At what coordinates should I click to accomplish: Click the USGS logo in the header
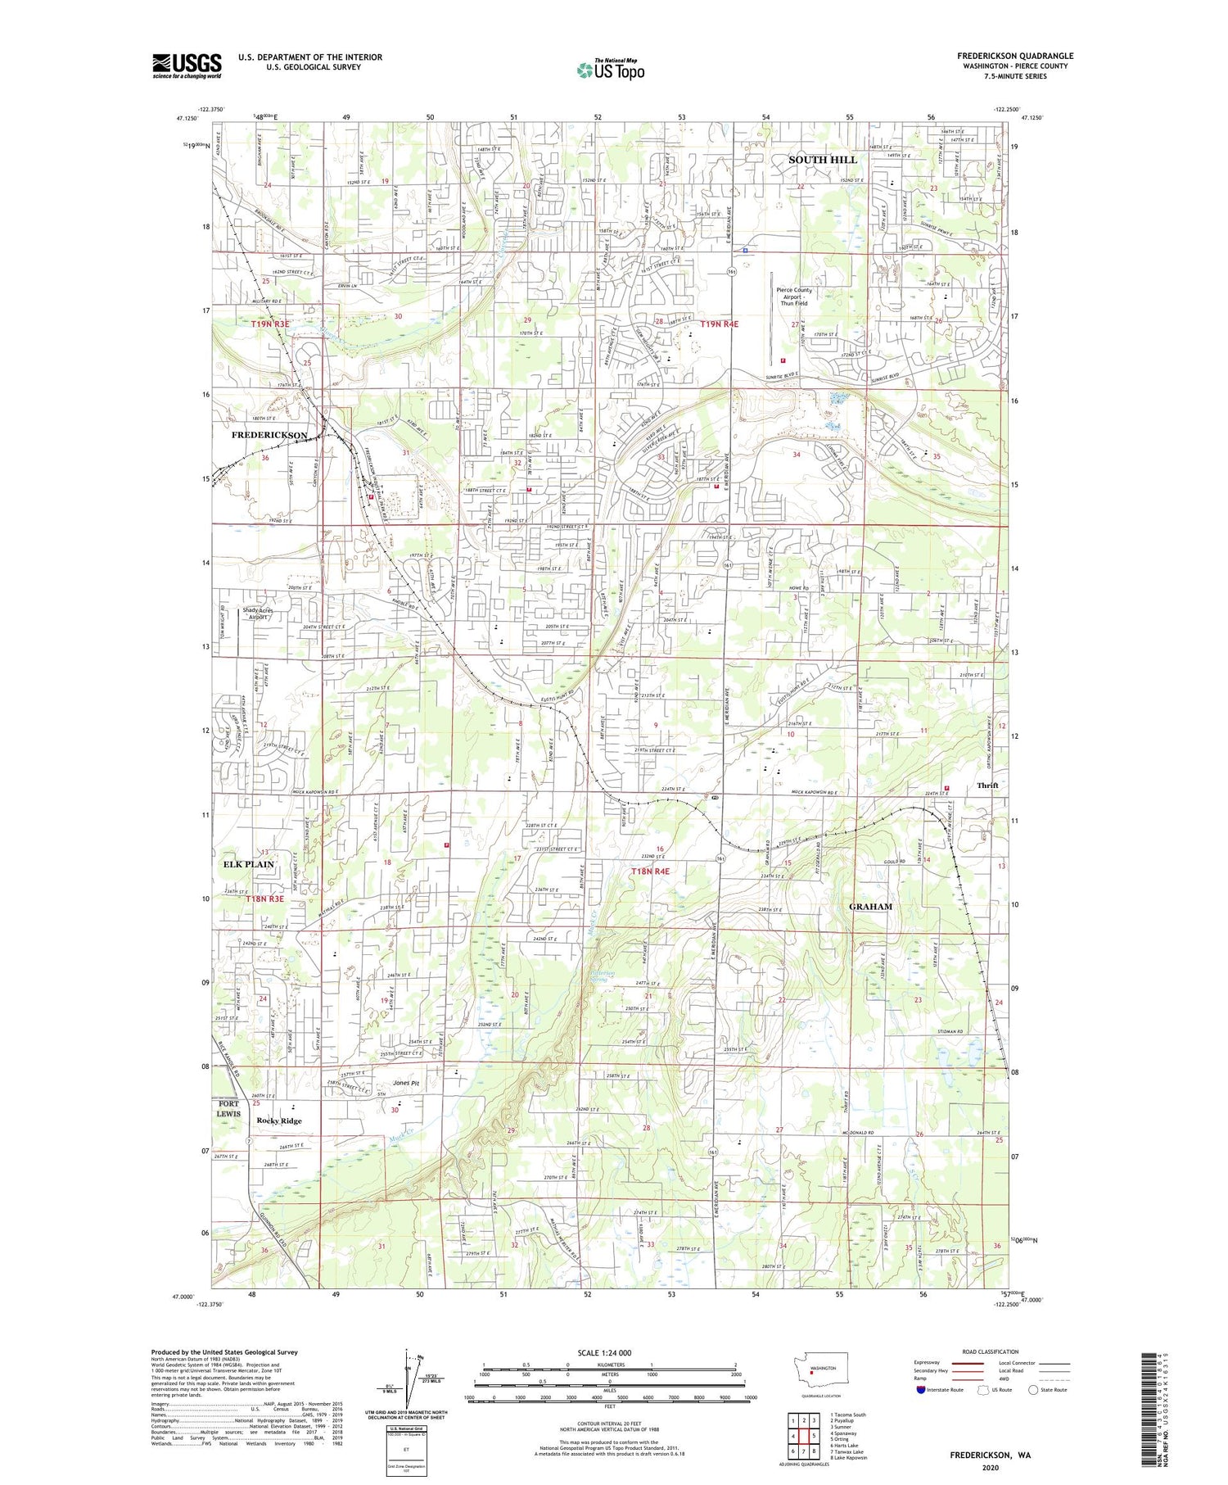187,66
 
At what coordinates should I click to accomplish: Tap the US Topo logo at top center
610,70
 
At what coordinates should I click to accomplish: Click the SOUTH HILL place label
822,160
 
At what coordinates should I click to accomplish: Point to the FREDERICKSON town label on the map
269,435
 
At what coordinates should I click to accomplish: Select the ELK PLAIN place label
248,864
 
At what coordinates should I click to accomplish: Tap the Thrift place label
987,786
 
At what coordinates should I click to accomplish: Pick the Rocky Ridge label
278,1121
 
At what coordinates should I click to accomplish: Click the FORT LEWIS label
228,1108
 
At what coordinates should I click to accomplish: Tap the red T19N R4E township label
720,324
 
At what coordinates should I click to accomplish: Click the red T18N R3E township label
264,899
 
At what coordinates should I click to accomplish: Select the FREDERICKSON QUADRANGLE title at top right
1015,56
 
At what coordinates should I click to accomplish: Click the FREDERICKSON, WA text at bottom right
990,1455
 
